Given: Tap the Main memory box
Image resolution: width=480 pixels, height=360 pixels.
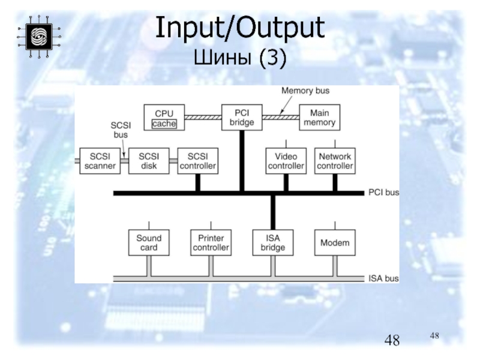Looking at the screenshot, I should point(319,118).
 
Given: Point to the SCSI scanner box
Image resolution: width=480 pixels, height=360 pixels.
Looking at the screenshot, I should point(100,161).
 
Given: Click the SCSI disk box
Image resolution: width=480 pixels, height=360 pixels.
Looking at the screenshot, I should point(149,161).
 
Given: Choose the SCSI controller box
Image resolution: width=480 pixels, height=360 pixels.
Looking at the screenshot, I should point(197,161).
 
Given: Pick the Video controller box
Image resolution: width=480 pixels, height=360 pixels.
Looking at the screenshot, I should point(286,161).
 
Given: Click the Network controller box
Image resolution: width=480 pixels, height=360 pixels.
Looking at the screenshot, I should point(335,161).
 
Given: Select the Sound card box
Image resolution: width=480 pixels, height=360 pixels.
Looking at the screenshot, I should point(149,242).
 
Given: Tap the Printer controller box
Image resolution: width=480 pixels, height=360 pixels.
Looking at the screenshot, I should point(210,242).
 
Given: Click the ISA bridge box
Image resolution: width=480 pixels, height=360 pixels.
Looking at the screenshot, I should point(273,242).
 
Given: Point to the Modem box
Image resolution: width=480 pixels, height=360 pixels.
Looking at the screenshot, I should point(335,242).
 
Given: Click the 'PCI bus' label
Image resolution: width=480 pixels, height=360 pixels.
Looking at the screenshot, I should point(383,193).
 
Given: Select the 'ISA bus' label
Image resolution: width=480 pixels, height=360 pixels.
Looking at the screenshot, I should point(383,278).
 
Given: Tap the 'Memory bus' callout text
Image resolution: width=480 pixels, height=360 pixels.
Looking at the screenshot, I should point(305,91).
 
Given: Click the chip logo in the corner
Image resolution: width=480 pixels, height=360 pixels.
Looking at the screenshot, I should point(38,36).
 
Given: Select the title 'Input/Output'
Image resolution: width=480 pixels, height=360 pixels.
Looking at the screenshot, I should point(240,29).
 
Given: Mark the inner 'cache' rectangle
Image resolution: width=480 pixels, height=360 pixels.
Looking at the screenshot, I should point(164,124).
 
